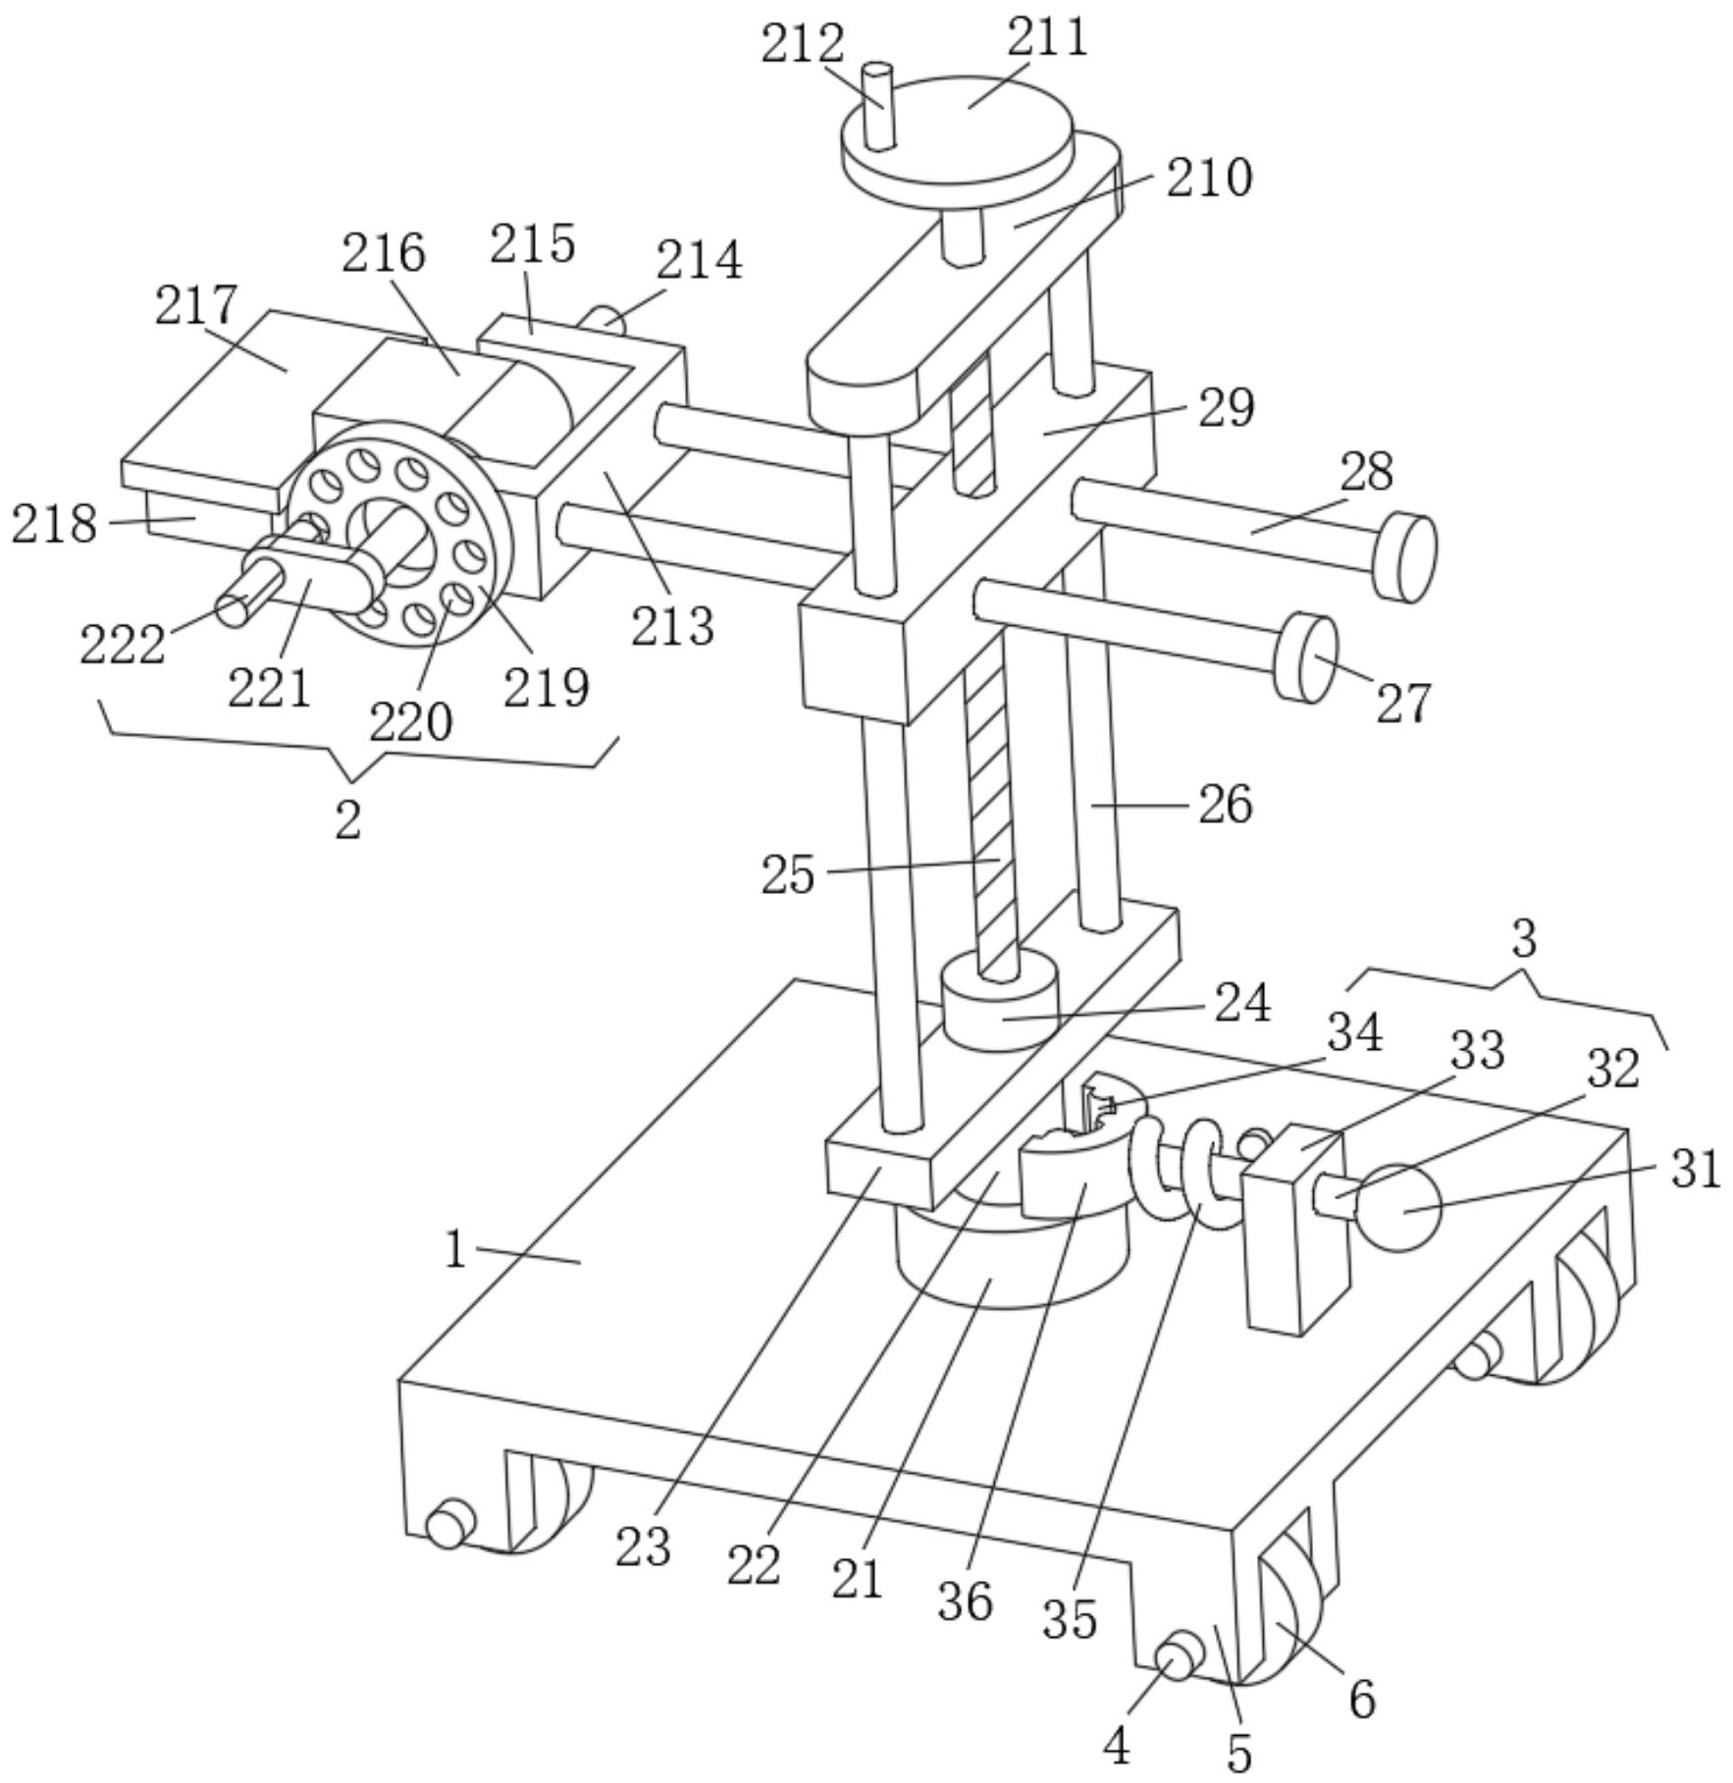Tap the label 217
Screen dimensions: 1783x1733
pyautogui.click(x=196, y=306)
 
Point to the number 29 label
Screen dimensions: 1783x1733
pyautogui.click(x=1226, y=408)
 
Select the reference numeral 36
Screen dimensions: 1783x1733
pyautogui.click(x=965, y=1602)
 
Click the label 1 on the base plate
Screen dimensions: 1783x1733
pyautogui.click(x=454, y=1250)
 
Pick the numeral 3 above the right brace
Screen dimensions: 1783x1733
pyautogui.click(x=1523, y=939)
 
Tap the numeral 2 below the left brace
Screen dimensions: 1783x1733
pyautogui.click(x=348, y=819)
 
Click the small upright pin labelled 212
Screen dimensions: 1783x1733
pyautogui.click(x=878, y=106)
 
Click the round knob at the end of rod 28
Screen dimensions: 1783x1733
pyautogui.click(x=1406, y=556)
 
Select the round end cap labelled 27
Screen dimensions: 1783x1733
pyautogui.click(x=1306, y=657)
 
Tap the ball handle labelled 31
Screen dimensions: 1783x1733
pyautogui.click(x=1397, y=1208)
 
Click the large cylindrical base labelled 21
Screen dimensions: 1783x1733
pyautogui.click(x=1011, y=1266)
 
